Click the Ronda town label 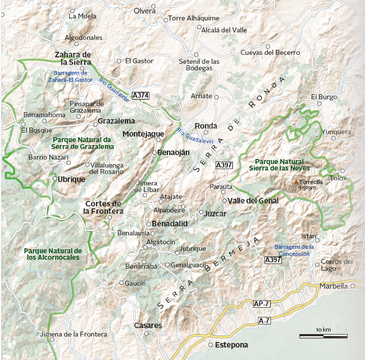click(x=206, y=126)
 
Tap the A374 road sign click(x=140, y=95)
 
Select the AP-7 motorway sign click(x=262, y=304)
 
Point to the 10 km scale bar click(x=323, y=336)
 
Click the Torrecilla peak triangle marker click(x=297, y=182)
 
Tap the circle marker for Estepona click(x=211, y=345)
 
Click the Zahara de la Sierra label click(x=73, y=58)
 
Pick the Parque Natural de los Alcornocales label click(x=53, y=254)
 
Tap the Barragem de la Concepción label click(x=294, y=250)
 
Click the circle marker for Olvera click(x=154, y=7)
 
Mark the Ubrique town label click(x=72, y=180)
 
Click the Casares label click(x=148, y=326)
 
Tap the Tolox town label click(x=337, y=178)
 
